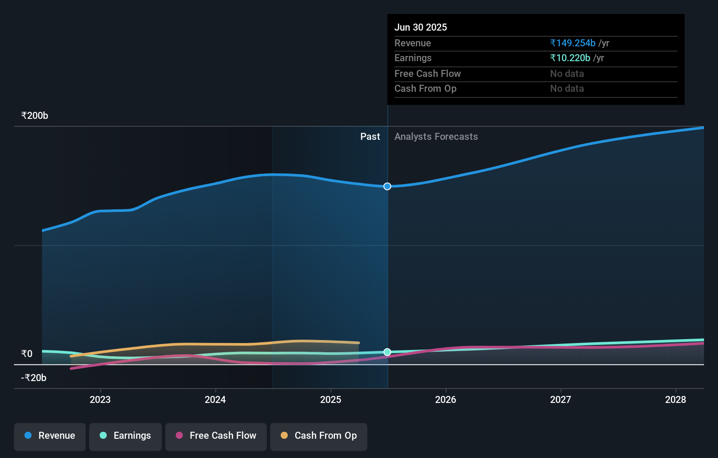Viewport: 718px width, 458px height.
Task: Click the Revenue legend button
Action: click(50, 436)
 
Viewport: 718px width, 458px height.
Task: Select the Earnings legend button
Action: click(125, 436)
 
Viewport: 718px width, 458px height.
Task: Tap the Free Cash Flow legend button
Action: click(216, 436)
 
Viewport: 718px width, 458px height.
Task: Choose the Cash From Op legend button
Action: click(319, 436)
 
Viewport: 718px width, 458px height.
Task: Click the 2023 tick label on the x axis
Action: click(100, 399)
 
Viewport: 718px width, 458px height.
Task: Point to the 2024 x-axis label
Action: click(215, 399)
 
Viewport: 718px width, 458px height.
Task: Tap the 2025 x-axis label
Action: click(331, 399)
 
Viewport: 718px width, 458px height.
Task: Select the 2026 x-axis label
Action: click(446, 399)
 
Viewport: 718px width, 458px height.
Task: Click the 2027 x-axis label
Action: click(561, 399)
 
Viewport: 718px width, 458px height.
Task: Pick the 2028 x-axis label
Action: click(676, 399)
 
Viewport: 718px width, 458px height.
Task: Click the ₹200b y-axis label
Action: click(35, 116)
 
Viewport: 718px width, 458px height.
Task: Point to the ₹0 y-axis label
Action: click(27, 354)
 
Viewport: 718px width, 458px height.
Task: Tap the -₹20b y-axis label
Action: click(34, 378)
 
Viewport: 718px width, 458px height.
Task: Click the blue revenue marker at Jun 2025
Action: click(387, 187)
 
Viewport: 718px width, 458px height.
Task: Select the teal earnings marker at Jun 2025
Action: click(387, 352)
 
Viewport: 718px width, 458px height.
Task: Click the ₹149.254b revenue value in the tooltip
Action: click(573, 43)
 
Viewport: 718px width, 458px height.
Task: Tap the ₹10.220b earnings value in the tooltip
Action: click(570, 58)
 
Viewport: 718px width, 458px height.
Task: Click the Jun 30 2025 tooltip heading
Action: click(421, 27)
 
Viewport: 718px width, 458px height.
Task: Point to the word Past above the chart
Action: click(370, 137)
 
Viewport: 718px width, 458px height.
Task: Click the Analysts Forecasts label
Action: click(436, 137)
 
